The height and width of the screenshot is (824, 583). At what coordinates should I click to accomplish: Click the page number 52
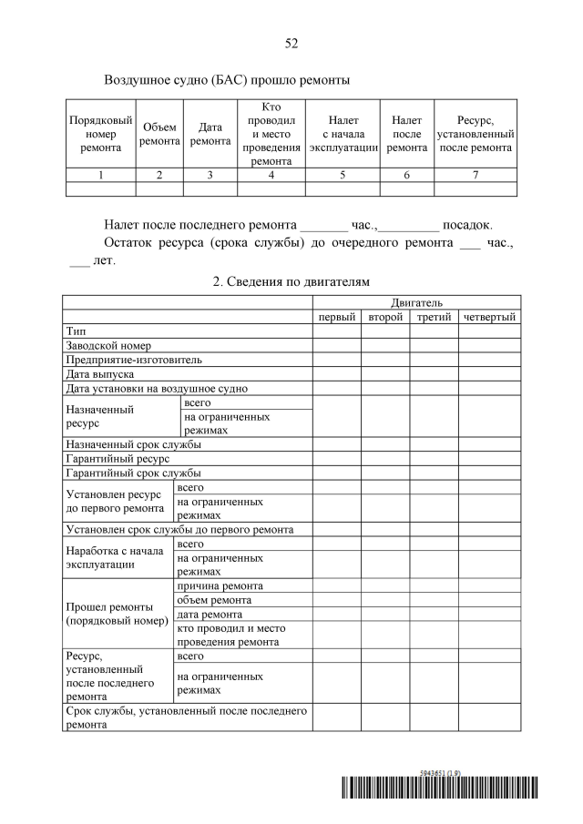291,43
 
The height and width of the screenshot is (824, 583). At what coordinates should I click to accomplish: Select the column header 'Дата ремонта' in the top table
210,135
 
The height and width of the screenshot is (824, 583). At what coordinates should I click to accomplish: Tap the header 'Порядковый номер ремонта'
100,135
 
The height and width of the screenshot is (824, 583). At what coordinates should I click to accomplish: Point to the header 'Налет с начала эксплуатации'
343,135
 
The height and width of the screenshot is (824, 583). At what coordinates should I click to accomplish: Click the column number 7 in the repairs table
476,176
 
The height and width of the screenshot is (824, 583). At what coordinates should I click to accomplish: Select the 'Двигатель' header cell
416,302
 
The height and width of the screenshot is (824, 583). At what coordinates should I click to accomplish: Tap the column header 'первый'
336,317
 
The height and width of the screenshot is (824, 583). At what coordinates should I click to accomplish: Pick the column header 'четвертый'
489,317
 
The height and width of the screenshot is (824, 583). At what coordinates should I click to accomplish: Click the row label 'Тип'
76,331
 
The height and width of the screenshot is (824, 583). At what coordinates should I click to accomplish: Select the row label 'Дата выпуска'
100,374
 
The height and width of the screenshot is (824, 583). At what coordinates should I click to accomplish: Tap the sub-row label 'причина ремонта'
220,585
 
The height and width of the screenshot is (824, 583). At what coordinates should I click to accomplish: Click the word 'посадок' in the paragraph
466,224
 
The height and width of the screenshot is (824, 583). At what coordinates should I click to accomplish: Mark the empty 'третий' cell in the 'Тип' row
434,331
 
